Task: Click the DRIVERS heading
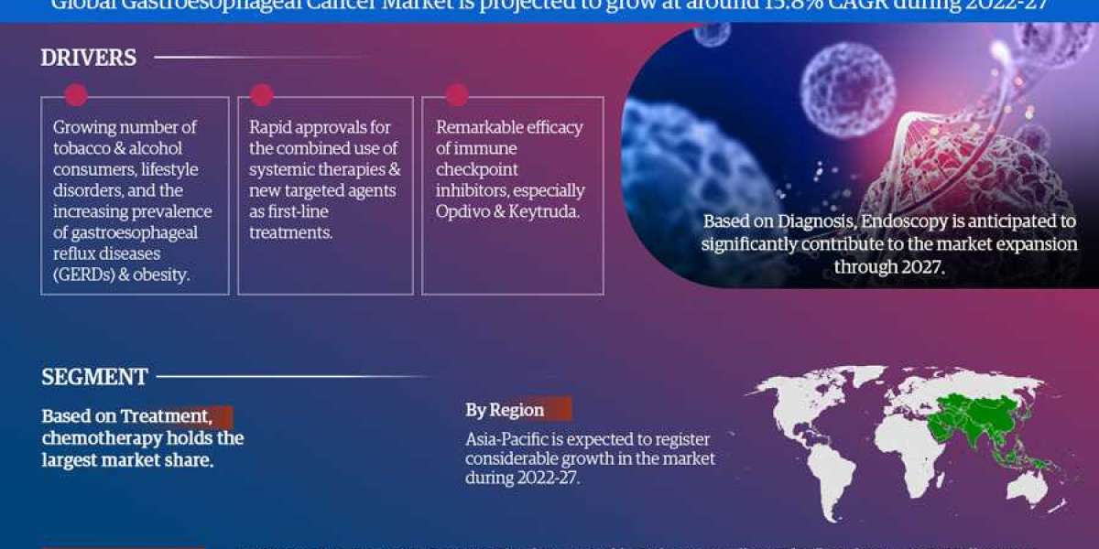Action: click(89, 58)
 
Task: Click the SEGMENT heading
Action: click(95, 376)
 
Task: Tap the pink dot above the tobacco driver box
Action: click(76, 95)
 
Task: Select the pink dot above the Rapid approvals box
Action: click(262, 95)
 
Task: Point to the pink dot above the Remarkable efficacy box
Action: click(456, 95)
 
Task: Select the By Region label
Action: click(505, 410)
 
